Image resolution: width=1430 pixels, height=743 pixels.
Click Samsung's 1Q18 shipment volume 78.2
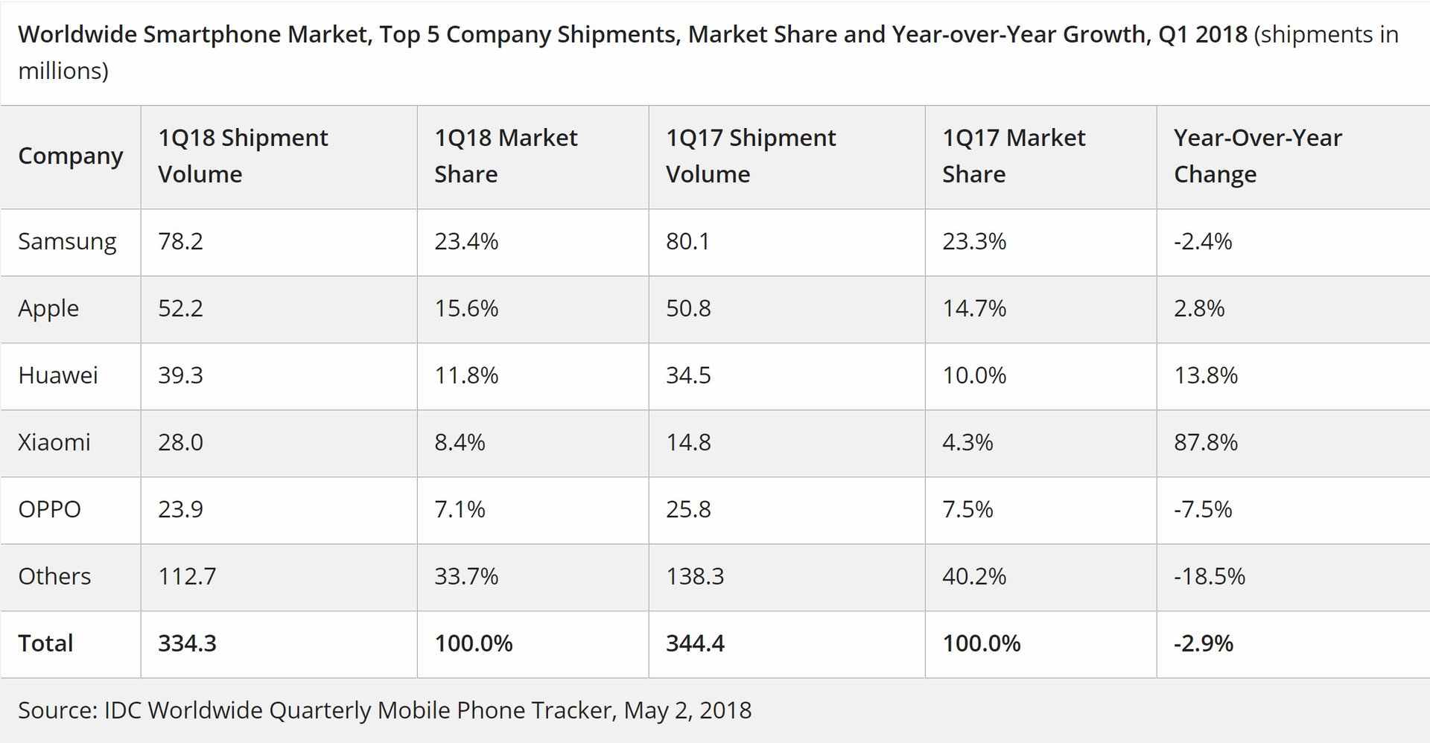coord(180,241)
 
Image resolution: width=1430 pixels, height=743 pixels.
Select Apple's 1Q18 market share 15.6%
coord(466,308)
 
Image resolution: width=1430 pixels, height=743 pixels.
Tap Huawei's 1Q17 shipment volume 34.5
coord(688,375)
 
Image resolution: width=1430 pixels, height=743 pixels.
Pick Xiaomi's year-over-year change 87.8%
coord(1206,442)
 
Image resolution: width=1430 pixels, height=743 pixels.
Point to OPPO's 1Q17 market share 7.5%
coord(967,509)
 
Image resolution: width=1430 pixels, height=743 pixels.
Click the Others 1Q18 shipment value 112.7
coord(187,576)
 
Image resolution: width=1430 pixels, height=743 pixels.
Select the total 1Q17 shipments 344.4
coord(695,643)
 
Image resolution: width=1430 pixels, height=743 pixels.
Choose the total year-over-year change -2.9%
coord(1204,643)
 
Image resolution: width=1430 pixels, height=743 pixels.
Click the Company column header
coord(70,156)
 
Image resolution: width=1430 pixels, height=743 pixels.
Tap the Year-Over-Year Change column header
coord(1257,156)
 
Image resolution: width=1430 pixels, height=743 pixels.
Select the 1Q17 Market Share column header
coord(1013,156)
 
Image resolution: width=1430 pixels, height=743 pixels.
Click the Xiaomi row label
coord(54,442)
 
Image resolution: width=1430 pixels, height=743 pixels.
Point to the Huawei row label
coord(58,375)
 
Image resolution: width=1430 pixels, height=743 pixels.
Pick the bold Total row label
coord(45,643)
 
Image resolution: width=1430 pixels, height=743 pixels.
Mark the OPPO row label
coord(49,509)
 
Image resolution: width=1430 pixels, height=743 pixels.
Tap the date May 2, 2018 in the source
coord(687,710)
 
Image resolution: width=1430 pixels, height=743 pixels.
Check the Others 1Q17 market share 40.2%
coord(974,576)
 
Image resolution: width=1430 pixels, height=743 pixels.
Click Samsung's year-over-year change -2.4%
coord(1203,241)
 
